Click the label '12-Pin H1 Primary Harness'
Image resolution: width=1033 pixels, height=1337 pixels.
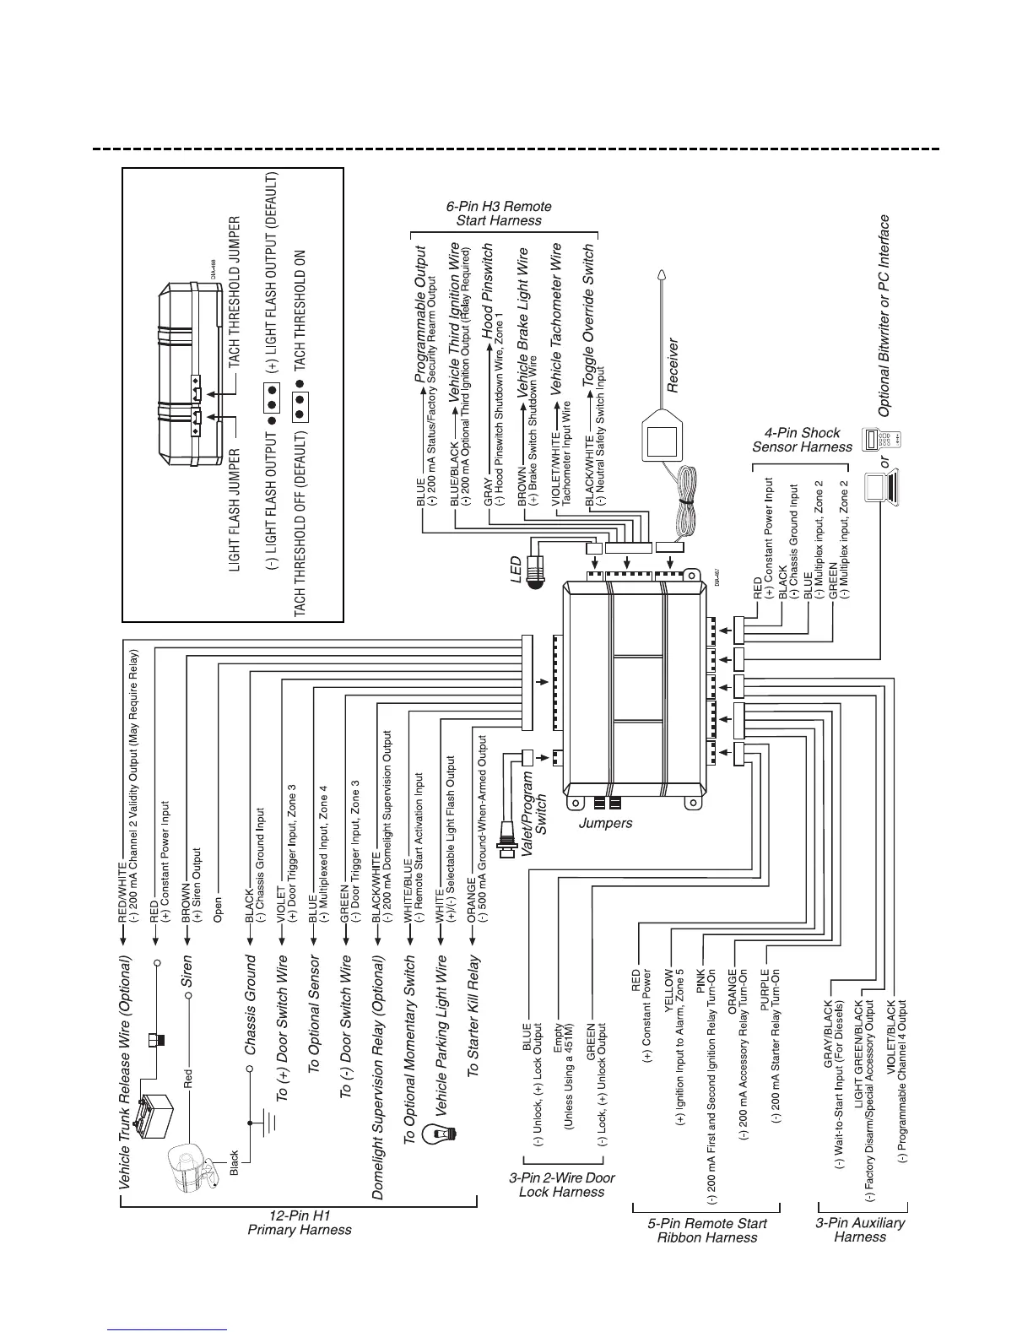299,1223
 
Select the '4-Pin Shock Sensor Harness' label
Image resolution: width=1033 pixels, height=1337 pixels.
802,440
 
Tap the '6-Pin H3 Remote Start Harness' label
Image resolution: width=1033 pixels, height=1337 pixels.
499,213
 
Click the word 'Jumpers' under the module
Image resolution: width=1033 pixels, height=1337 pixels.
606,822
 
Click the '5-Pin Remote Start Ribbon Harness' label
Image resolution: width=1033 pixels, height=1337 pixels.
707,1230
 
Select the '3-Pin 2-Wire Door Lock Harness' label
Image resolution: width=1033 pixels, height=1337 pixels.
561,1184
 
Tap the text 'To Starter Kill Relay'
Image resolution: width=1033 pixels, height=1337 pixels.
473,1016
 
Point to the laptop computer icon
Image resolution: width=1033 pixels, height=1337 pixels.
883,487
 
